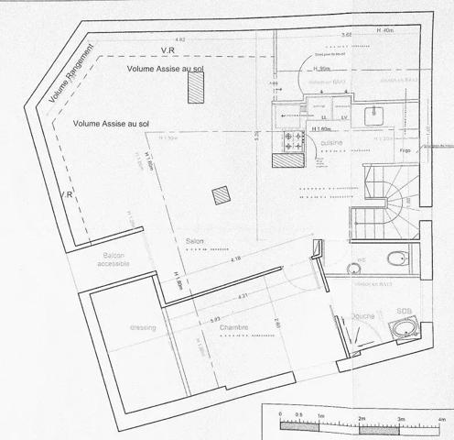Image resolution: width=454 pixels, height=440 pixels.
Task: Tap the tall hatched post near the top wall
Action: coord(195,86)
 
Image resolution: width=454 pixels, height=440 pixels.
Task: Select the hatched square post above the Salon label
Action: coord(220,196)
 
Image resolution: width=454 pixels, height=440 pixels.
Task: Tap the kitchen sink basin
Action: coord(374,115)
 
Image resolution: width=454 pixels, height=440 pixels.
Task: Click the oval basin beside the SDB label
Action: coord(405,328)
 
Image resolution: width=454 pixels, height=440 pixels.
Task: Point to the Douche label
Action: coord(362,316)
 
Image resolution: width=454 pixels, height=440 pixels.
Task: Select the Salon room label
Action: coord(194,242)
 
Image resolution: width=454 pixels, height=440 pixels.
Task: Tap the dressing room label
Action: coord(142,327)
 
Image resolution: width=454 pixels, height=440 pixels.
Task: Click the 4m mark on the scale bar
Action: coord(442,417)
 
